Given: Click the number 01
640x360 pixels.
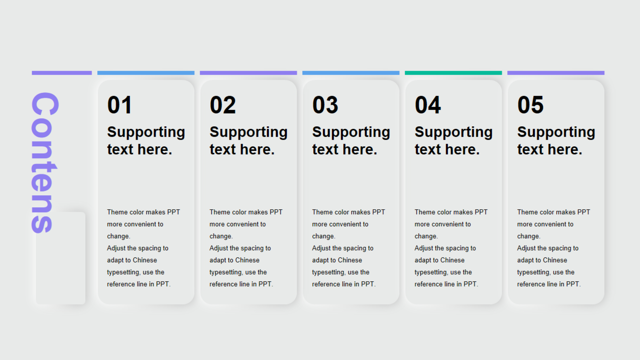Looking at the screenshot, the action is point(119,105).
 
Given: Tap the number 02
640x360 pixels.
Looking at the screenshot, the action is point(223,105).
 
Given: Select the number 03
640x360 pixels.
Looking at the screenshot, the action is point(325,105).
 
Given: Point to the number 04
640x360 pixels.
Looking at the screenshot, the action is point(428,105).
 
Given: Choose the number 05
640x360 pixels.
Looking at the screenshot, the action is point(530,105).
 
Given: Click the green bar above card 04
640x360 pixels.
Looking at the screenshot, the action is point(453,73).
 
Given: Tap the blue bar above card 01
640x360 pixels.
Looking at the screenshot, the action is point(146,73).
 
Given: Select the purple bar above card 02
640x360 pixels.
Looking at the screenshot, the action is point(248,73).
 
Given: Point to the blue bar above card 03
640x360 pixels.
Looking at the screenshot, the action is point(351,73).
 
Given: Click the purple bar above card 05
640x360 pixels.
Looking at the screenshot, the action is point(556,73).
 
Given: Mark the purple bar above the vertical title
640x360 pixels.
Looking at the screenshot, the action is point(62,73).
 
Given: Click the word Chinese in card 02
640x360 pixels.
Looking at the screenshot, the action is point(247,260).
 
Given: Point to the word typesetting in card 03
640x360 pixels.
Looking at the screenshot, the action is point(328,272).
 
